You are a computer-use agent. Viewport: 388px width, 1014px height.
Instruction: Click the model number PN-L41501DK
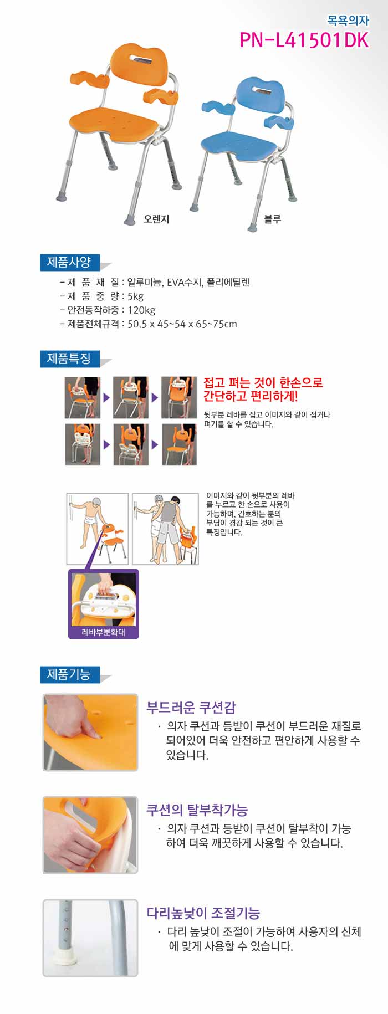[304, 40]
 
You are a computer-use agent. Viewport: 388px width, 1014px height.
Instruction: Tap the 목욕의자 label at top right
[348, 21]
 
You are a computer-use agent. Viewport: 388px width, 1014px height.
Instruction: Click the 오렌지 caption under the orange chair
[156, 219]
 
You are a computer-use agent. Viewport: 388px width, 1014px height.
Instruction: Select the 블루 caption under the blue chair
[272, 219]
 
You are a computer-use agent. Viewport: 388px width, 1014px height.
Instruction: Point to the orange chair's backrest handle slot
[142, 59]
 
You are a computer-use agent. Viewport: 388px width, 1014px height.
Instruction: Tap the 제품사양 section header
[69, 262]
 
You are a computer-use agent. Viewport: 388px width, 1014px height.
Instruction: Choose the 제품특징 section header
[69, 359]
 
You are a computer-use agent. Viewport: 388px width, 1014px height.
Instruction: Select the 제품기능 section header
[69, 674]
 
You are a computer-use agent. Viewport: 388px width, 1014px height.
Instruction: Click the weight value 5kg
[135, 296]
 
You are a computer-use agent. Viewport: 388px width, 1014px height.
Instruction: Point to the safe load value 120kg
[141, 310]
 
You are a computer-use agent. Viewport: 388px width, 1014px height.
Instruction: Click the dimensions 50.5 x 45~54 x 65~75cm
[182, 324]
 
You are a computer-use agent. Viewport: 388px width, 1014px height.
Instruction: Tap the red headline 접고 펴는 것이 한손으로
[263, 382]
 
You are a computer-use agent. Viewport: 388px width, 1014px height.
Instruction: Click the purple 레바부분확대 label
[103, 632]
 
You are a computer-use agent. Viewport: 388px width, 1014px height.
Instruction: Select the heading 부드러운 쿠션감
[191, 708]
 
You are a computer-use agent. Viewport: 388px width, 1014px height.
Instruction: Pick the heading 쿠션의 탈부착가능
[197, 810]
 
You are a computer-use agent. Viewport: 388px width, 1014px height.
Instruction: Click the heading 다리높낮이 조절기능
[203, 913]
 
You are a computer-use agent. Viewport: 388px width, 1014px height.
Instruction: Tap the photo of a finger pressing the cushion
[90, 732]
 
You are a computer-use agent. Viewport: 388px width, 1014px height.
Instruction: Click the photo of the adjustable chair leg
[90, 938]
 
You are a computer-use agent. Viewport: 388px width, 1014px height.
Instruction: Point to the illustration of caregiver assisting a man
[165, 529]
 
